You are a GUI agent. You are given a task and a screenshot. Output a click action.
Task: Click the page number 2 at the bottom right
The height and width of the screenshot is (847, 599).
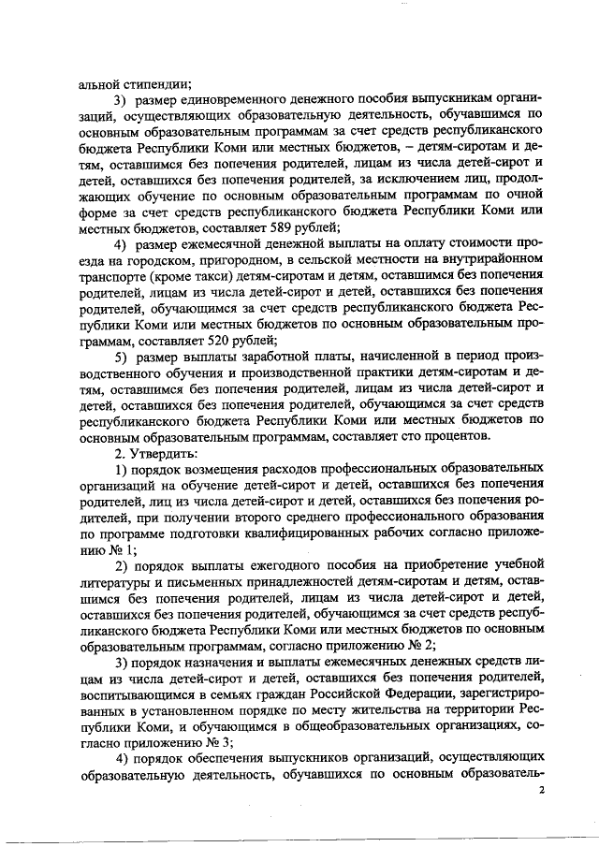tap(541, 792)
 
